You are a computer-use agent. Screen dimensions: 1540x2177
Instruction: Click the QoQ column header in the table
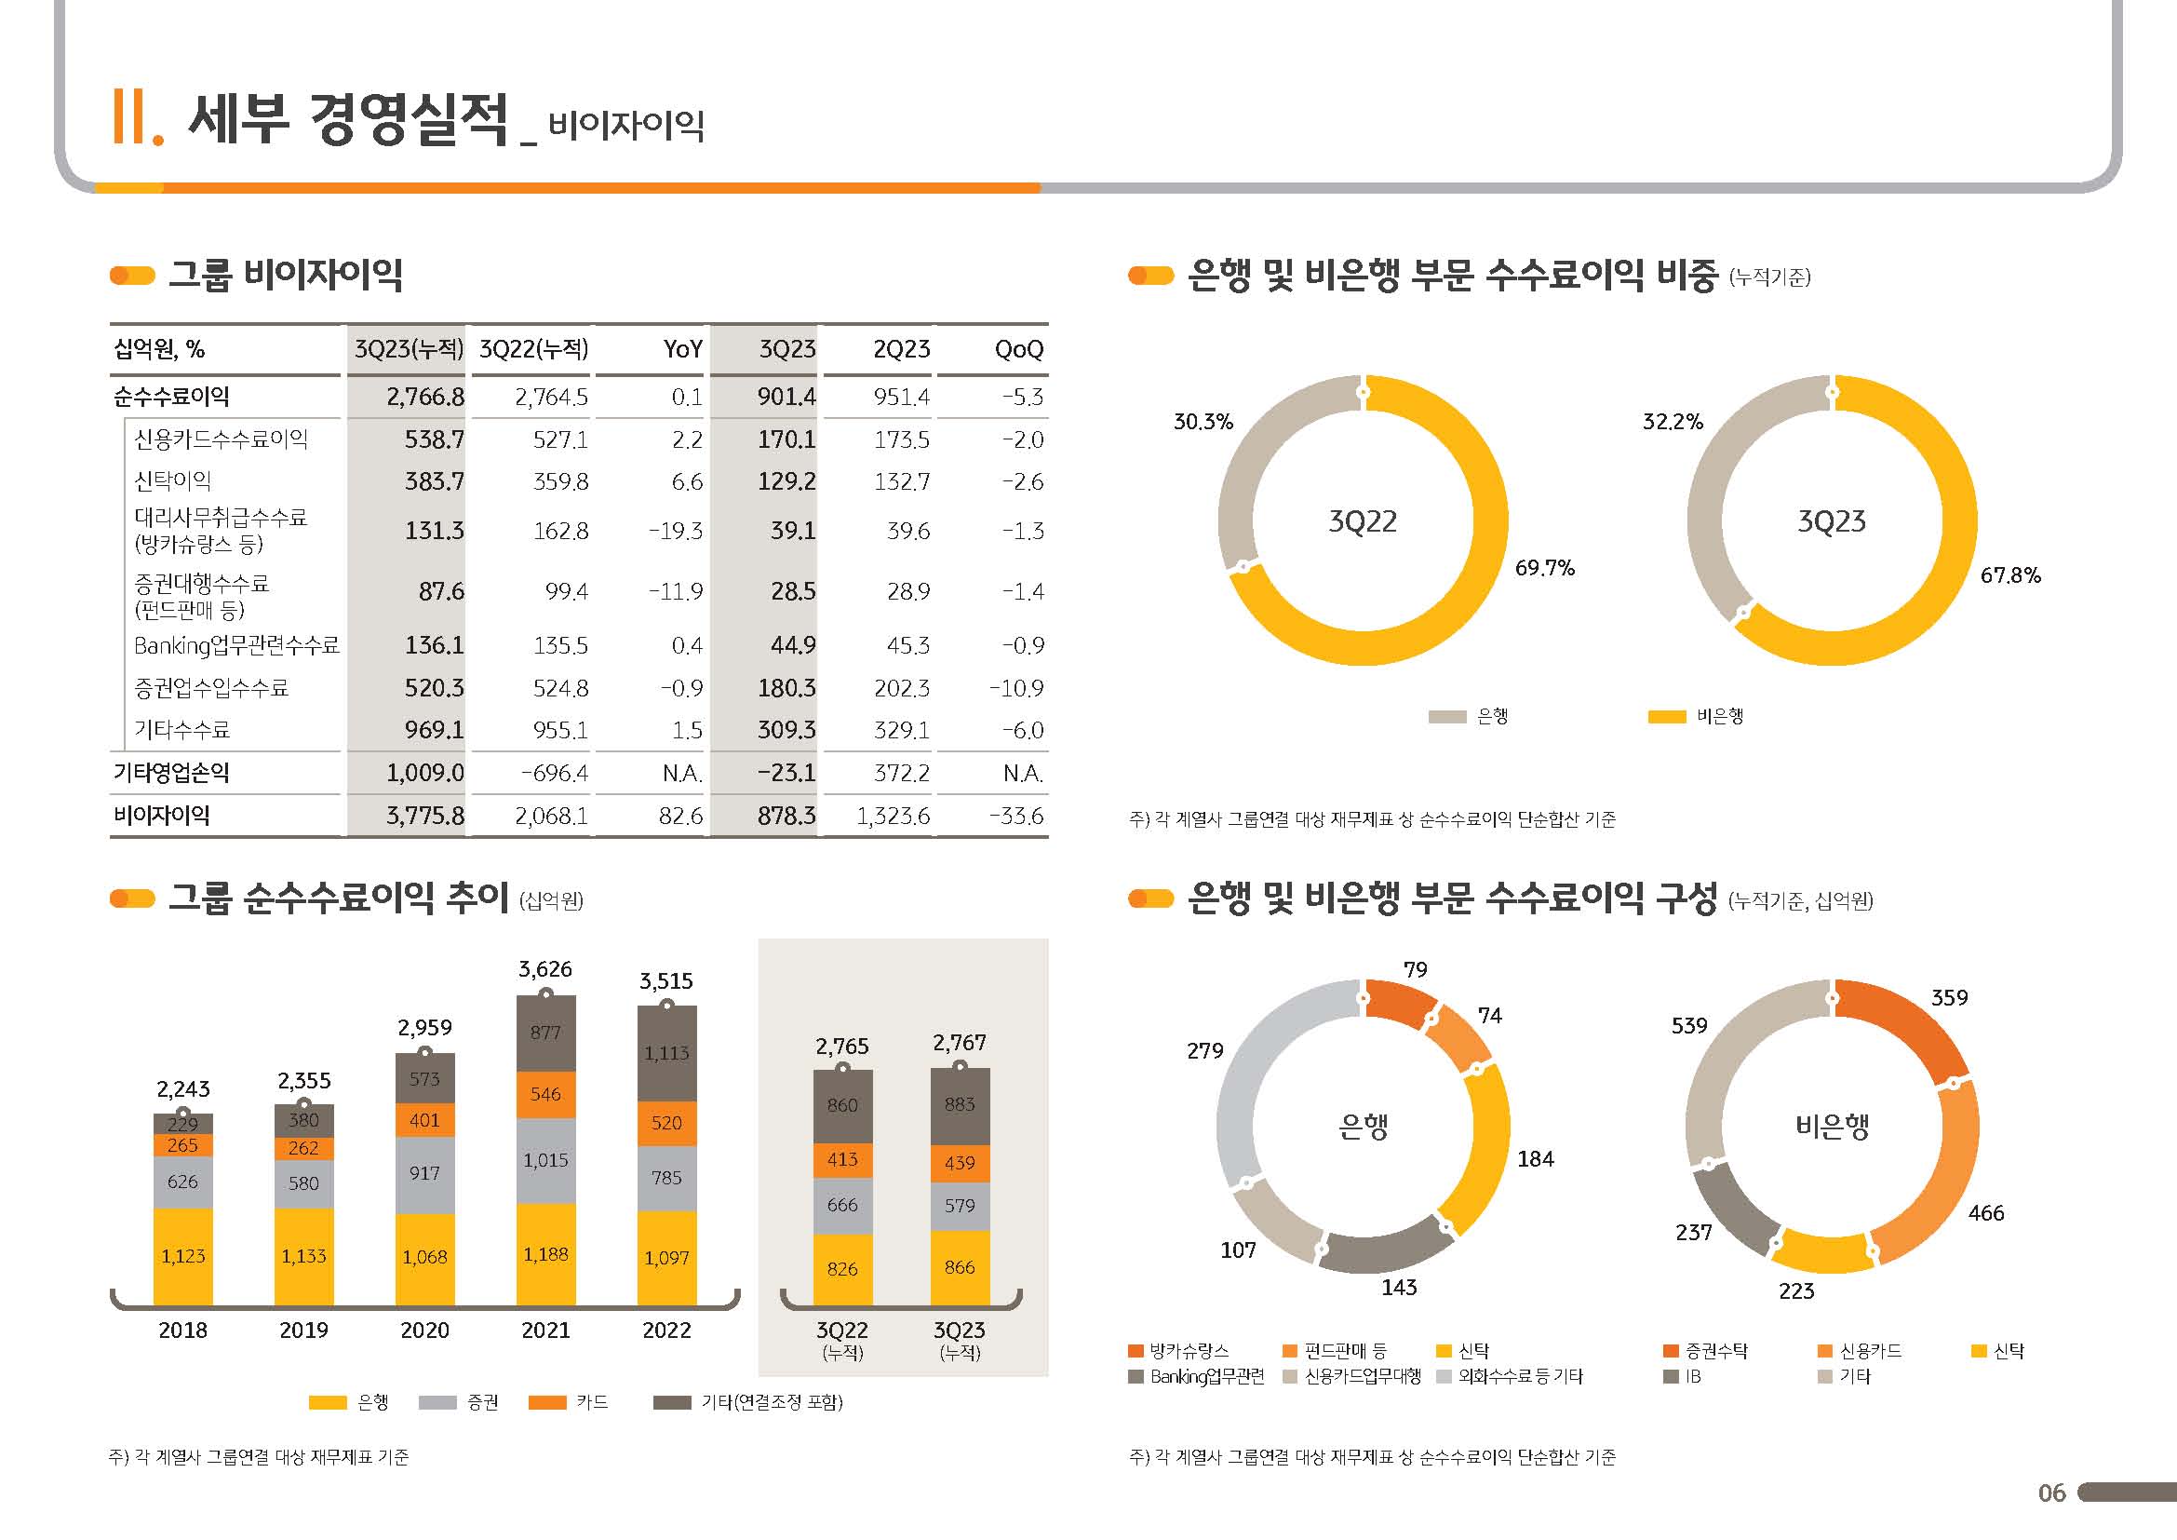pos(1018,349)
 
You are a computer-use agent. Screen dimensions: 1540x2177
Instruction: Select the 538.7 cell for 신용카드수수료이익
pos(435,439)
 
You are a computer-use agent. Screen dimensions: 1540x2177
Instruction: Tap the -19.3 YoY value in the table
pos(675,531)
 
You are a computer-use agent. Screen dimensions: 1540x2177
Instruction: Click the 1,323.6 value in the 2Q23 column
pos(894,816)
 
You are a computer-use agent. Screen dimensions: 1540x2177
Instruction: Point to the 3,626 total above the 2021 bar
pos(545,969)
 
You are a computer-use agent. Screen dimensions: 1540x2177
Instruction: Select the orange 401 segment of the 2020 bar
pos(424,1120)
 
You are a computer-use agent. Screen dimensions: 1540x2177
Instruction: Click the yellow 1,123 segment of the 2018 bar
pos(183,1255)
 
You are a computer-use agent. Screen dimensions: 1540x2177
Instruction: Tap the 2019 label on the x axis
pos(303,1331)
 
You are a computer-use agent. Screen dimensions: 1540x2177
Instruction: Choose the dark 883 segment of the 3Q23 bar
pos(960,1104)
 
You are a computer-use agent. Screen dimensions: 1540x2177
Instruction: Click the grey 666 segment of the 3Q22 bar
pos(842,1204)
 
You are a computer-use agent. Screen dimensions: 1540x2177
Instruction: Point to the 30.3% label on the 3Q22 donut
pos(1203,422)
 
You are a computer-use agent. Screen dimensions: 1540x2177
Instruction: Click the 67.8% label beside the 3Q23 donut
pos(2010,575)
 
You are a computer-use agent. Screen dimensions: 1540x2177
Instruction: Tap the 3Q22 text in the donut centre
pos(1363,520)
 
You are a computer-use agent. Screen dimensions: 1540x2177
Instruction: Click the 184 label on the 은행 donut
pos(1535,1159)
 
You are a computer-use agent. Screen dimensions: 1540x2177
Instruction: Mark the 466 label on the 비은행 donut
pos(1985,1213)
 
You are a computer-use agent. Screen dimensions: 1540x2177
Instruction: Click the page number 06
pos(2051,1493)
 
